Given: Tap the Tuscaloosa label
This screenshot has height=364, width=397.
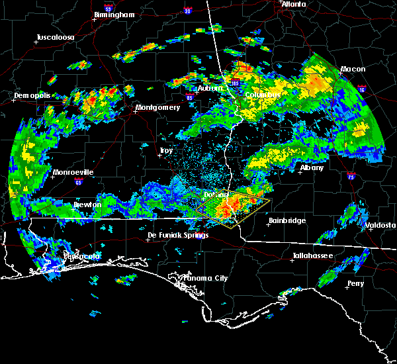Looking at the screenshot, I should pyautogui.click(x=54, y=37).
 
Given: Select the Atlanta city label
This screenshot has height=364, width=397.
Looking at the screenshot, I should pyautogui.click(x=293, y=4).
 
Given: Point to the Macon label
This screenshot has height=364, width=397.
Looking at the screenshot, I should pyautogui.click(x=353, y=69).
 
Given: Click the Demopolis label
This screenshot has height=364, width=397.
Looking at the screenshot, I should pyautogui.click(x=32, y=96).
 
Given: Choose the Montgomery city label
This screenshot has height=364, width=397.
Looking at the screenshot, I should pyautogui.click(x=157, y=107).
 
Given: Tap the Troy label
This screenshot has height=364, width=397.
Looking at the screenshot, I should pyautogui.click(x=166, y=151).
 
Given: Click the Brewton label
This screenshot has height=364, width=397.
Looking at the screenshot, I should pyautogui.click(x=88, y=205).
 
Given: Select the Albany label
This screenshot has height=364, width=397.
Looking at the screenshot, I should pyautogui.click(x=312, y=167).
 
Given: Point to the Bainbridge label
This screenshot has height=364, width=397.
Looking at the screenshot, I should pyautogui.click(x=287, y=220).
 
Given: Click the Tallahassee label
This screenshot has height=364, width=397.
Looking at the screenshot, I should pyautogui.click(x=314, y=255).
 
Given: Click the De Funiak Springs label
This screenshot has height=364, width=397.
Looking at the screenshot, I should pyautogui.click(x=173, y=235).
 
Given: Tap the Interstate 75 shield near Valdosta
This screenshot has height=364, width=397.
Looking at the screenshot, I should pyautogui.click(x=351, y=176).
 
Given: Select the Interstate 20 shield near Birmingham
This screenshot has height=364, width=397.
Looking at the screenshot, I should pyautogui.click(x=187, y=11).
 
